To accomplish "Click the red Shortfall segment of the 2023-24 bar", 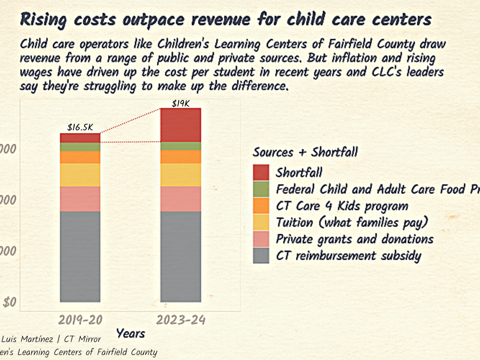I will [x=180, y=125].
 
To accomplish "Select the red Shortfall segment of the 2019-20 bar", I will [x=80, y=138].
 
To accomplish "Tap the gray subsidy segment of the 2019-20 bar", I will [x=80, y=256].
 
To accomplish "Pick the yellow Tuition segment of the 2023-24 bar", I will [x=180, y=175].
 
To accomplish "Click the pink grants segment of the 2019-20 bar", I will [x=80, y=199].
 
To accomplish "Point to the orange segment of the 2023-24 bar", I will [x=180, y=157].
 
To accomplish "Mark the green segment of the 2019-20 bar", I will [x=80, y=147].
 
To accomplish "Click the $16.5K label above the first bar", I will [x=80, y=128].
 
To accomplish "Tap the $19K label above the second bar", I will [x=180, y=103].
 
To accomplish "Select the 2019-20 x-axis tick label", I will [x=80, y=320].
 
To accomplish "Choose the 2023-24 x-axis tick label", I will [x=181, y=320].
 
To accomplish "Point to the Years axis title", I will [x=130, y=333].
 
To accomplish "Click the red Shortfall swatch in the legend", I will [x=261, y=172].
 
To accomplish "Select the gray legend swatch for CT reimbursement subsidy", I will [x=261, y=256].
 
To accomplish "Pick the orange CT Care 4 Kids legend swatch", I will [x=261, y=206].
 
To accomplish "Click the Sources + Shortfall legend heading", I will [x=305, y=152].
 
